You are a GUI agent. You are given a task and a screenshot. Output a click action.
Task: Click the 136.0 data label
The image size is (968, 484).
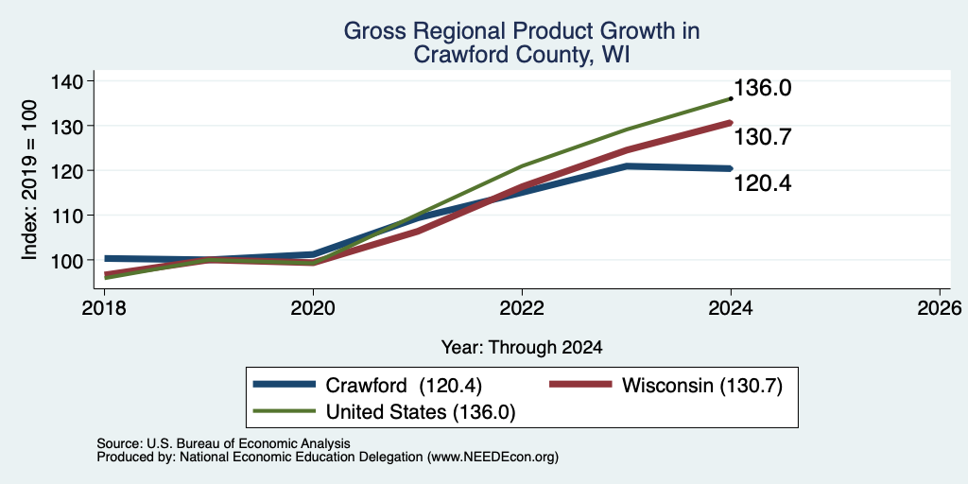[763, 88]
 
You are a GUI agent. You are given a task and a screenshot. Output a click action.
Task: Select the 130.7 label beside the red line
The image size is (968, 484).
[763, 137]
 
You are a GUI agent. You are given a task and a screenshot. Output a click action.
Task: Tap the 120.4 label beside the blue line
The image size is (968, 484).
[763, 182]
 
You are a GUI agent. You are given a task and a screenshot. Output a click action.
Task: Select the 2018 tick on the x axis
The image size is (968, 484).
[104, 307]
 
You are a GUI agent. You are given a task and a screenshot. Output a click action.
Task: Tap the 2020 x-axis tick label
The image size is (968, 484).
[313, 307]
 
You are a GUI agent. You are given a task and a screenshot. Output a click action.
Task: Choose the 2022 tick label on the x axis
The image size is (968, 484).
[522, 307]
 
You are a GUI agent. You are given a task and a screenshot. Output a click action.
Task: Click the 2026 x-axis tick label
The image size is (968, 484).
[941, 307]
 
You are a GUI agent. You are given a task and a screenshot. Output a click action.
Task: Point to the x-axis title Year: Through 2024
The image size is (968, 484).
[522, 348]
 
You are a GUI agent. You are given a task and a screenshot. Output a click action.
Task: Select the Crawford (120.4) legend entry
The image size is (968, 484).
[368, 386]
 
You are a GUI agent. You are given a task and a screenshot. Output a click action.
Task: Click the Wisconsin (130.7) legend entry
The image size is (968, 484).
[666, 386]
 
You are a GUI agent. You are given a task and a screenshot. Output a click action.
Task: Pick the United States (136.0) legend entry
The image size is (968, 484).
[385, 412]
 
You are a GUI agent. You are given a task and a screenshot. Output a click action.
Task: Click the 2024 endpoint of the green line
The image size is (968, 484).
[731, 98]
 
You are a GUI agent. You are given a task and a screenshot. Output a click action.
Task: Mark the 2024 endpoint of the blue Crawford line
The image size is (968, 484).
[731, 168]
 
